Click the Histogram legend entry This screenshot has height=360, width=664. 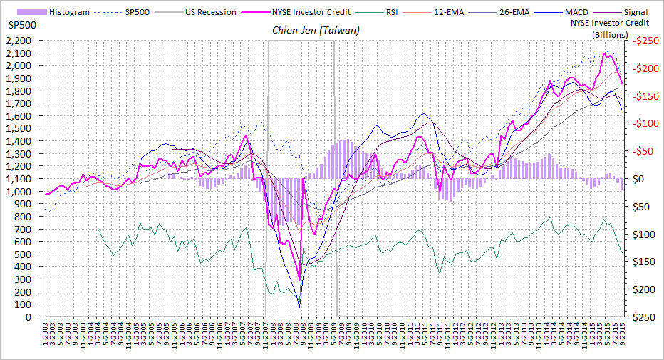(68, 12)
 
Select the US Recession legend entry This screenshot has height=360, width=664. (210, 12)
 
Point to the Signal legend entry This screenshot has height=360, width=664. (635, 12)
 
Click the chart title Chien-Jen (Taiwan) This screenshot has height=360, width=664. (316, 31)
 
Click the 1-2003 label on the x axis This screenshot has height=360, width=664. (45, 334)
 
